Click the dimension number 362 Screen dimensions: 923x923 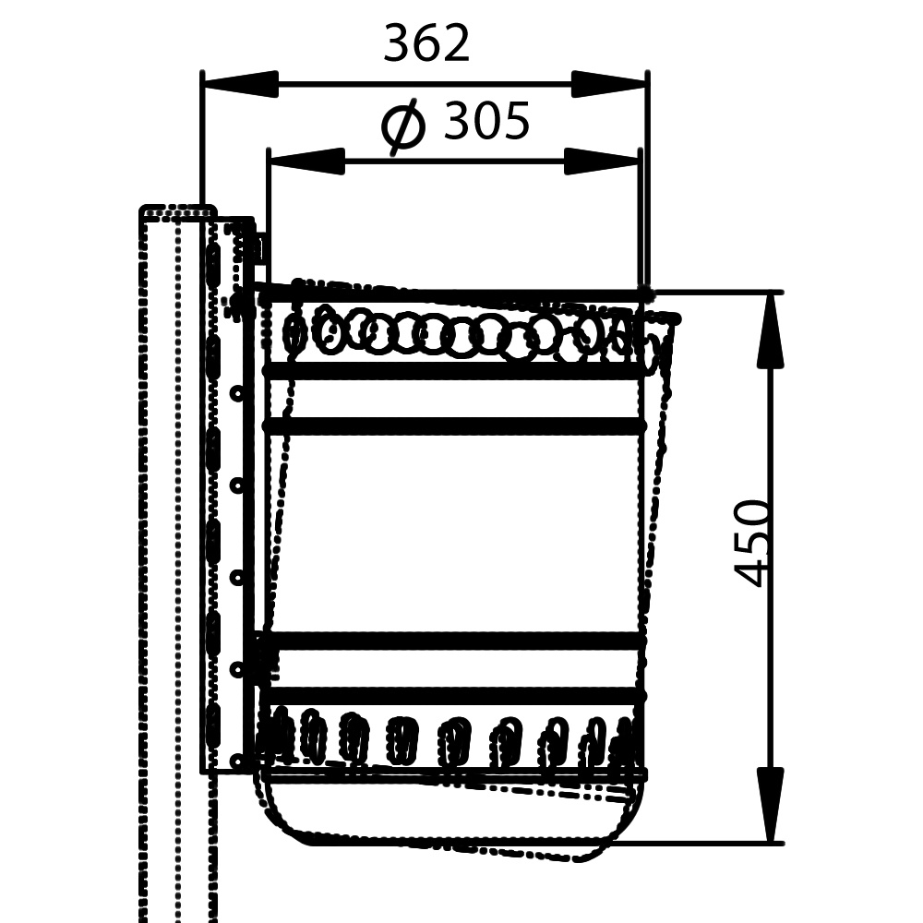[426, 43]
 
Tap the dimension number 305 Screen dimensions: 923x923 [486, 121]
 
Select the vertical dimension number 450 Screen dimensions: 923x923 [752, 543]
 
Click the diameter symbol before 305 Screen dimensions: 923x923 [403, 126]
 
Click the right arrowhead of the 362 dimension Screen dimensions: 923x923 [609, 84]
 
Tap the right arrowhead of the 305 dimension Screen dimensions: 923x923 [601, 161]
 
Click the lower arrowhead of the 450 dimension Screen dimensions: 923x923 [770, 805]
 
